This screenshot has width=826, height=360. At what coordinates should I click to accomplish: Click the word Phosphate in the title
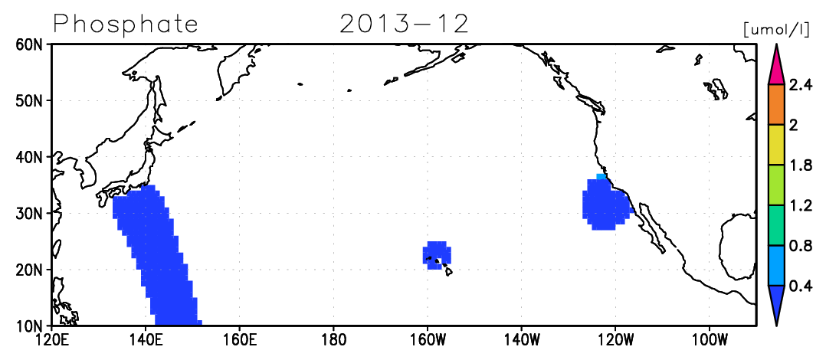[126, 25]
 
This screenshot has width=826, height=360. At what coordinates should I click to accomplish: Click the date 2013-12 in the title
[404, 24]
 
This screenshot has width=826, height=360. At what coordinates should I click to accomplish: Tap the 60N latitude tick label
[31, 44]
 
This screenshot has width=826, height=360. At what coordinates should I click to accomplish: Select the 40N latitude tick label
[31, 157]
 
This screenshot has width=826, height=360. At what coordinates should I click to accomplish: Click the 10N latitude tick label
[31, 326]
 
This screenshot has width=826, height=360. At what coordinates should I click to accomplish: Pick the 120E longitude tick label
[51, 339]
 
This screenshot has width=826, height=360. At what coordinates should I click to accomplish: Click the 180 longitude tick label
[333, 339]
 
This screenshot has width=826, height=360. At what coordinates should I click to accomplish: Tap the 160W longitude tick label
[428, 339]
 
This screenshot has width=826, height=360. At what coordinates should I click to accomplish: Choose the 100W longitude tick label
[709, 339]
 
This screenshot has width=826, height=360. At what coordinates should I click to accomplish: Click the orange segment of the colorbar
[776, 105]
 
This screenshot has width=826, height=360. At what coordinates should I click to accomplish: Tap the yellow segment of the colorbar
[776, 145]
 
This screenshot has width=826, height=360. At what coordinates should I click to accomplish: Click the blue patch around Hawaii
[437, 255]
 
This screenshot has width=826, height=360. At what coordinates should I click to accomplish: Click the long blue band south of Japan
[158, 255]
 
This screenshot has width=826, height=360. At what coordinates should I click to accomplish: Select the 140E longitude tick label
[146, 339]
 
